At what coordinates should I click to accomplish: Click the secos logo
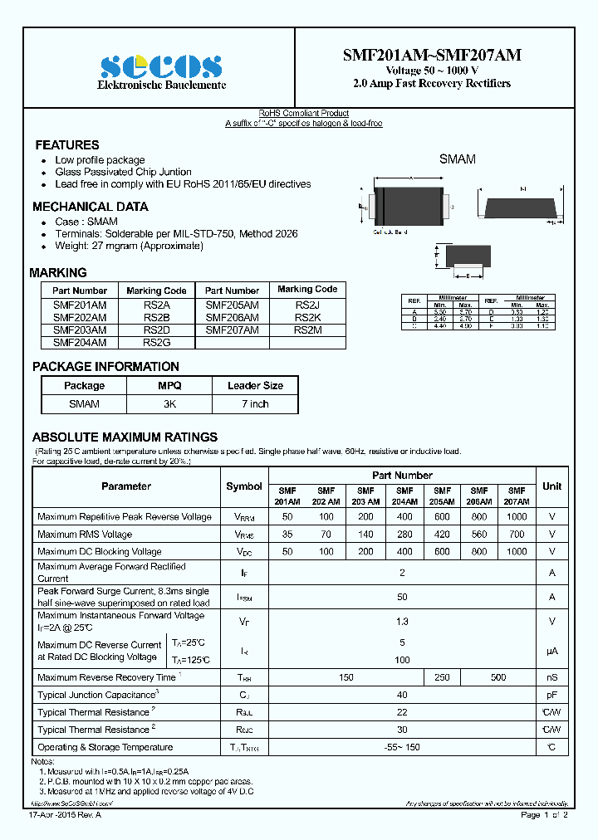[x=161, y=66]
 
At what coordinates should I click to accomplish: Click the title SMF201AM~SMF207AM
[x=432, y=55]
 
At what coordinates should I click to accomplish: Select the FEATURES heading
[x=66, y=144]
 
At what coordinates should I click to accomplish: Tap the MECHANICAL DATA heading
[x=90, y=207]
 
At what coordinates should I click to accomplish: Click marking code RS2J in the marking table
[x=307, y=305]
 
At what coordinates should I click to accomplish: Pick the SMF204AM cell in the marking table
[x=80, y=341]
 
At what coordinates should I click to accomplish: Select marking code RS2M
[x=307, y=330]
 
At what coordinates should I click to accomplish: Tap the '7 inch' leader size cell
[x=255, y=404]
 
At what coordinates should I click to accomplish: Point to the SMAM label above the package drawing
[x=457, y=159]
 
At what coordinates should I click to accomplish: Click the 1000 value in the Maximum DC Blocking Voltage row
[x=517, y=552]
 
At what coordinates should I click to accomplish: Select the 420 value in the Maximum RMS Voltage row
[x=442, y=535]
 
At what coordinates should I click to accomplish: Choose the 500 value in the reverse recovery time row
[x=498, y=677]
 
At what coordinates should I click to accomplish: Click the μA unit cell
[x=551, y=652]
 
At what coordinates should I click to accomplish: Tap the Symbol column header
[x=243, y=486]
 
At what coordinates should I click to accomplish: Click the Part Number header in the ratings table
[x=402, y=476]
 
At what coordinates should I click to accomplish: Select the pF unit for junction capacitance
[x=551, y=695]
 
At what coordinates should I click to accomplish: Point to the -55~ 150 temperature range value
[x=402, y=748]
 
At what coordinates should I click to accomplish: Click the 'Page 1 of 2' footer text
[x=544, y=815]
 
